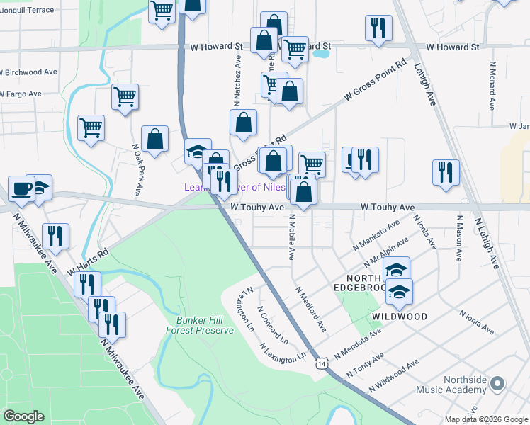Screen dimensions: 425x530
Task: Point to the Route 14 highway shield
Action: click(323, 363)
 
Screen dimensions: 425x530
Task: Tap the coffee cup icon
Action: click(21, 189)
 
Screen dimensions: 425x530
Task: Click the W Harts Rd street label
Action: click(88, 262)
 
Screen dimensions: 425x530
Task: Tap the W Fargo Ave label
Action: click(21, 93)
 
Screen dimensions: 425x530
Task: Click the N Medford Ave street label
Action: click(311, 310)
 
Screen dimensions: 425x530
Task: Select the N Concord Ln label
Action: click(272, 324)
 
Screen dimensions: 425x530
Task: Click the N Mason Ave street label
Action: click(459, 238)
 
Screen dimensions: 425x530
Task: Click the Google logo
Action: click(23, 416)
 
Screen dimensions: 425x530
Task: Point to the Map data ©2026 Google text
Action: click(485, 419)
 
